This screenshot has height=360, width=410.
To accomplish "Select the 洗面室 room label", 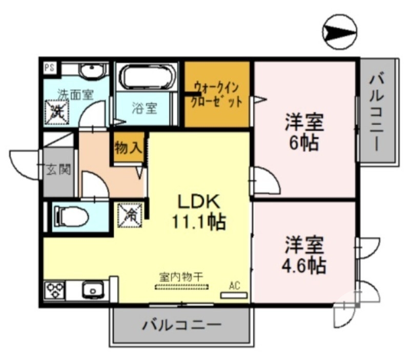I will (75, 94).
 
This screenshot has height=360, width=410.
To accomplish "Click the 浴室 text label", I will (144, 109).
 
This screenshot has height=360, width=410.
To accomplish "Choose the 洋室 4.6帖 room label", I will (305, 255).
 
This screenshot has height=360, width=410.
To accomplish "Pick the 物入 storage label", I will (128, 149).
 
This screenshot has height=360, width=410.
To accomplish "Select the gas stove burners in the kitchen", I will (55, 290).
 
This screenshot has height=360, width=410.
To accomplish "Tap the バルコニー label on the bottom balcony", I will (181, 325).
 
